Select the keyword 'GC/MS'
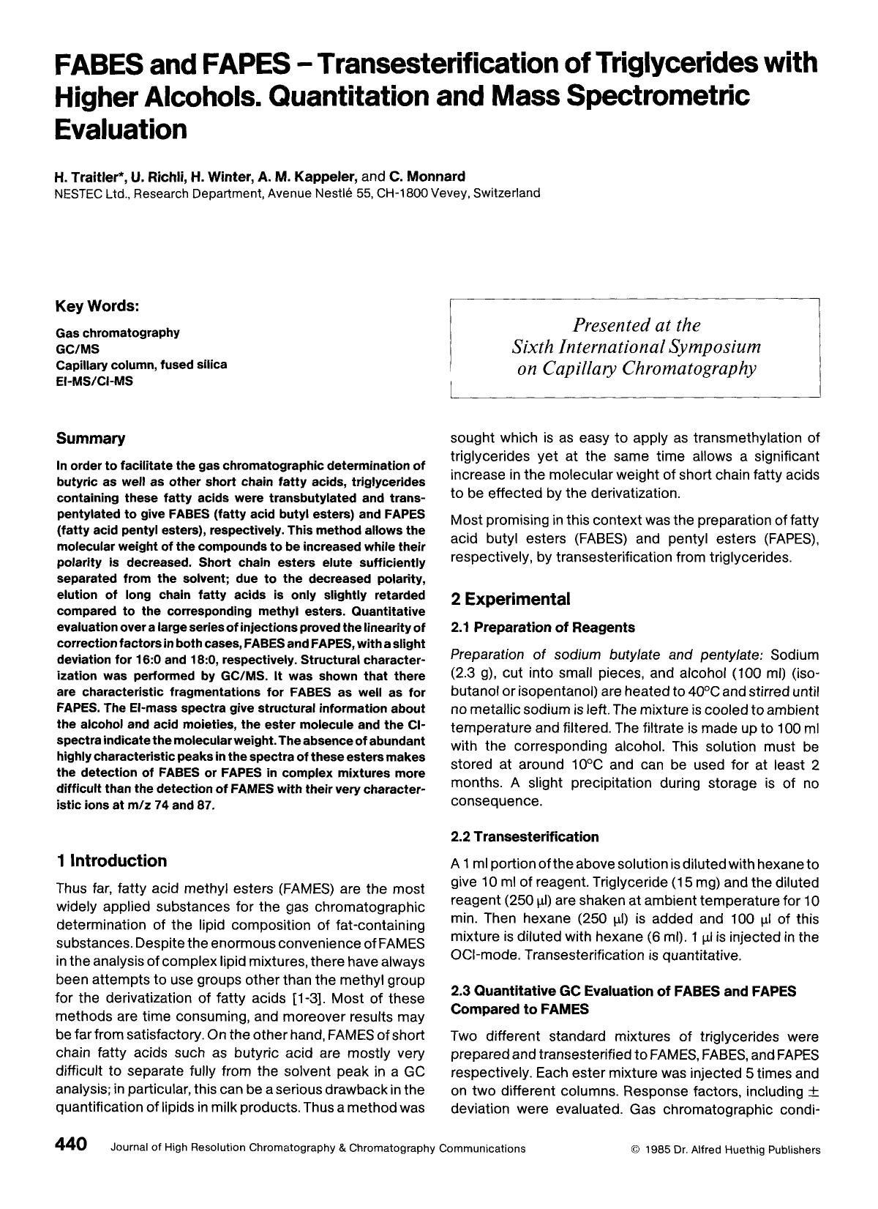(x=74, y=349)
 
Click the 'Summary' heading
(x=91, y=439)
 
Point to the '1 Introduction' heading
(x=112, y=860)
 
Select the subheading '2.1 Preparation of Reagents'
(x=542, y=628)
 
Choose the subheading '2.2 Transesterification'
(x=524, y=837)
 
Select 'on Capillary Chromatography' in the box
(x=636, y=368)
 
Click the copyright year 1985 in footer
(x=657, y=1150)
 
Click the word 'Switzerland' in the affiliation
(x=507, y=193)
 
